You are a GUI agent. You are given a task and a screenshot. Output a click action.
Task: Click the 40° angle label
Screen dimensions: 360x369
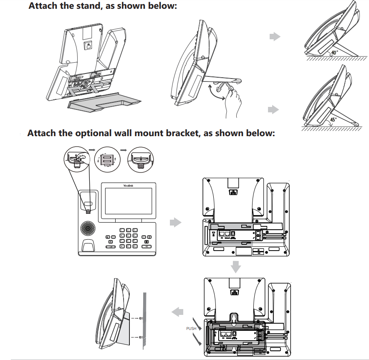point(334,53)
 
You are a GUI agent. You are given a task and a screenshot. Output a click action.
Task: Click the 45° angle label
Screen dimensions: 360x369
point(333,119)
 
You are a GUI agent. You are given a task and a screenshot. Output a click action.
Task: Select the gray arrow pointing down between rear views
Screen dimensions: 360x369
point(236,266)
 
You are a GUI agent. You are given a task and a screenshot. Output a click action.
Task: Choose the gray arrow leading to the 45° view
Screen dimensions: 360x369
point(273,109)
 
